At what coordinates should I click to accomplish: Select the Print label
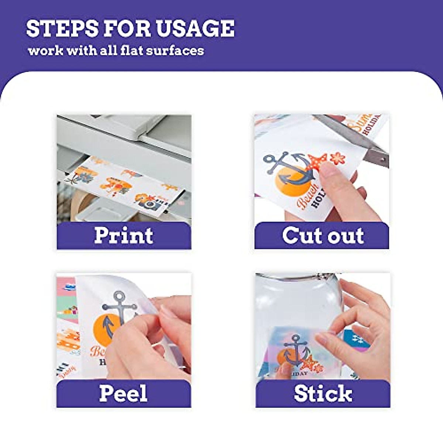point(124,235)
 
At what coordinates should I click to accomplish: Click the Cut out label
point(323,235)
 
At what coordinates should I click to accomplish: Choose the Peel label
point(124,393)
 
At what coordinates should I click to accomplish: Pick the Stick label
point(323,393)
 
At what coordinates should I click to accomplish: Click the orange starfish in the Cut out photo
point(318,162)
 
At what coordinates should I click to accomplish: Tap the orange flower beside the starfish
point(337,158)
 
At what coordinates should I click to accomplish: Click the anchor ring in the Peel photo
point(120,296)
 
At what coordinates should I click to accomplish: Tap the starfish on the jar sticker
point(311,364)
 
